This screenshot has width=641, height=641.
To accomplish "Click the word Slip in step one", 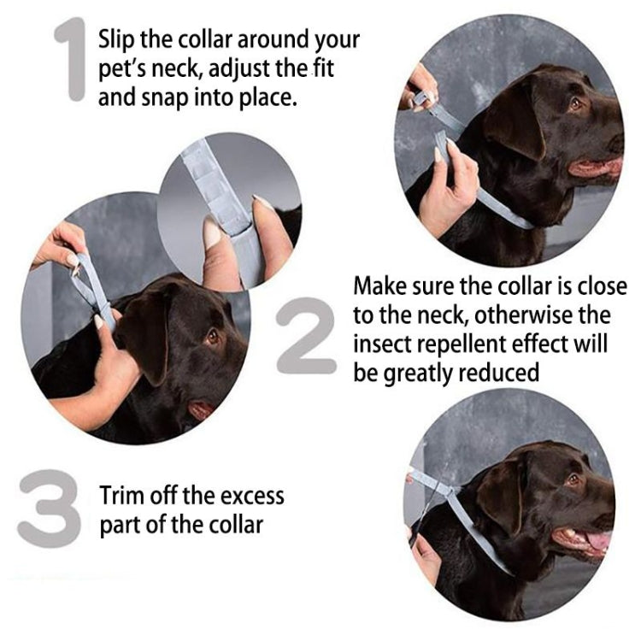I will (x=116, y=39).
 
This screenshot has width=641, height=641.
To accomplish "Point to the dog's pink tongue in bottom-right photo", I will (x=599, y=541).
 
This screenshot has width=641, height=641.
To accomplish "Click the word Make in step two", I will (x=377, y=286).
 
